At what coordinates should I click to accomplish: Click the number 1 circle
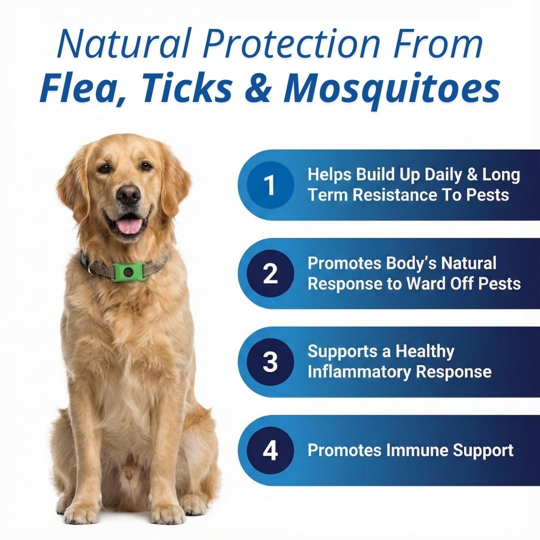click(x=270, y=185)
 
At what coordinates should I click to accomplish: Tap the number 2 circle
click(x=270, y=274)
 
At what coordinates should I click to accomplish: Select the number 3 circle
click(x=270, y=362)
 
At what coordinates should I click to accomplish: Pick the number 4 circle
click(x=270, y=450)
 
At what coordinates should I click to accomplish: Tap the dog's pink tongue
click(x=129, y=225)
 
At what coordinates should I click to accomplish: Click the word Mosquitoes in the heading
click(x=391, y=89)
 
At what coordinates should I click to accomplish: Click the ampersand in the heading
click(x=258, y=89)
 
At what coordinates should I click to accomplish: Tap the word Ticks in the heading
click(x=184, y=89)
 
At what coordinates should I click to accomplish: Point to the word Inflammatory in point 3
click(x=359, y=372)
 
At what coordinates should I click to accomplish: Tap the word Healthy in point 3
click(x=425, y=351)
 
